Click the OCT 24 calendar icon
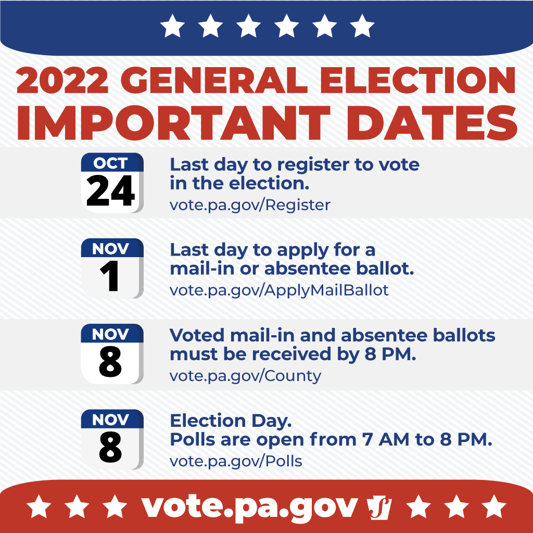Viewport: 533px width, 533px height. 112,183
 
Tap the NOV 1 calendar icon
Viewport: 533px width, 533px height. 112,268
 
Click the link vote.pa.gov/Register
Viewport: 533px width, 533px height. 250,205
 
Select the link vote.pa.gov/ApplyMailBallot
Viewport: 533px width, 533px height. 279,290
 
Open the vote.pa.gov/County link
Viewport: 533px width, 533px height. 246,376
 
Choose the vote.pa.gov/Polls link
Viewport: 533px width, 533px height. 236,461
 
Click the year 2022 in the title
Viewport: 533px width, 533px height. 62,80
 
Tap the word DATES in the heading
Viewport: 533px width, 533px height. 432,123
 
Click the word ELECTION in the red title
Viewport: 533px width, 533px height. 418,80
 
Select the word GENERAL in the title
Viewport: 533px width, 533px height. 214,80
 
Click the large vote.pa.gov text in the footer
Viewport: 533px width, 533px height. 250,508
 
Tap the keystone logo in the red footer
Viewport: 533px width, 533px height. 379,508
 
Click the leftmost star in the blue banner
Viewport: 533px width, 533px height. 172,26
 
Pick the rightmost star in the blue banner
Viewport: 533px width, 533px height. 362,26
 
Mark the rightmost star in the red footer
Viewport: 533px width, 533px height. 494,506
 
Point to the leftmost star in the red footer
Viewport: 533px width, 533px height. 39,506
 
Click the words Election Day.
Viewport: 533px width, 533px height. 231,421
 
